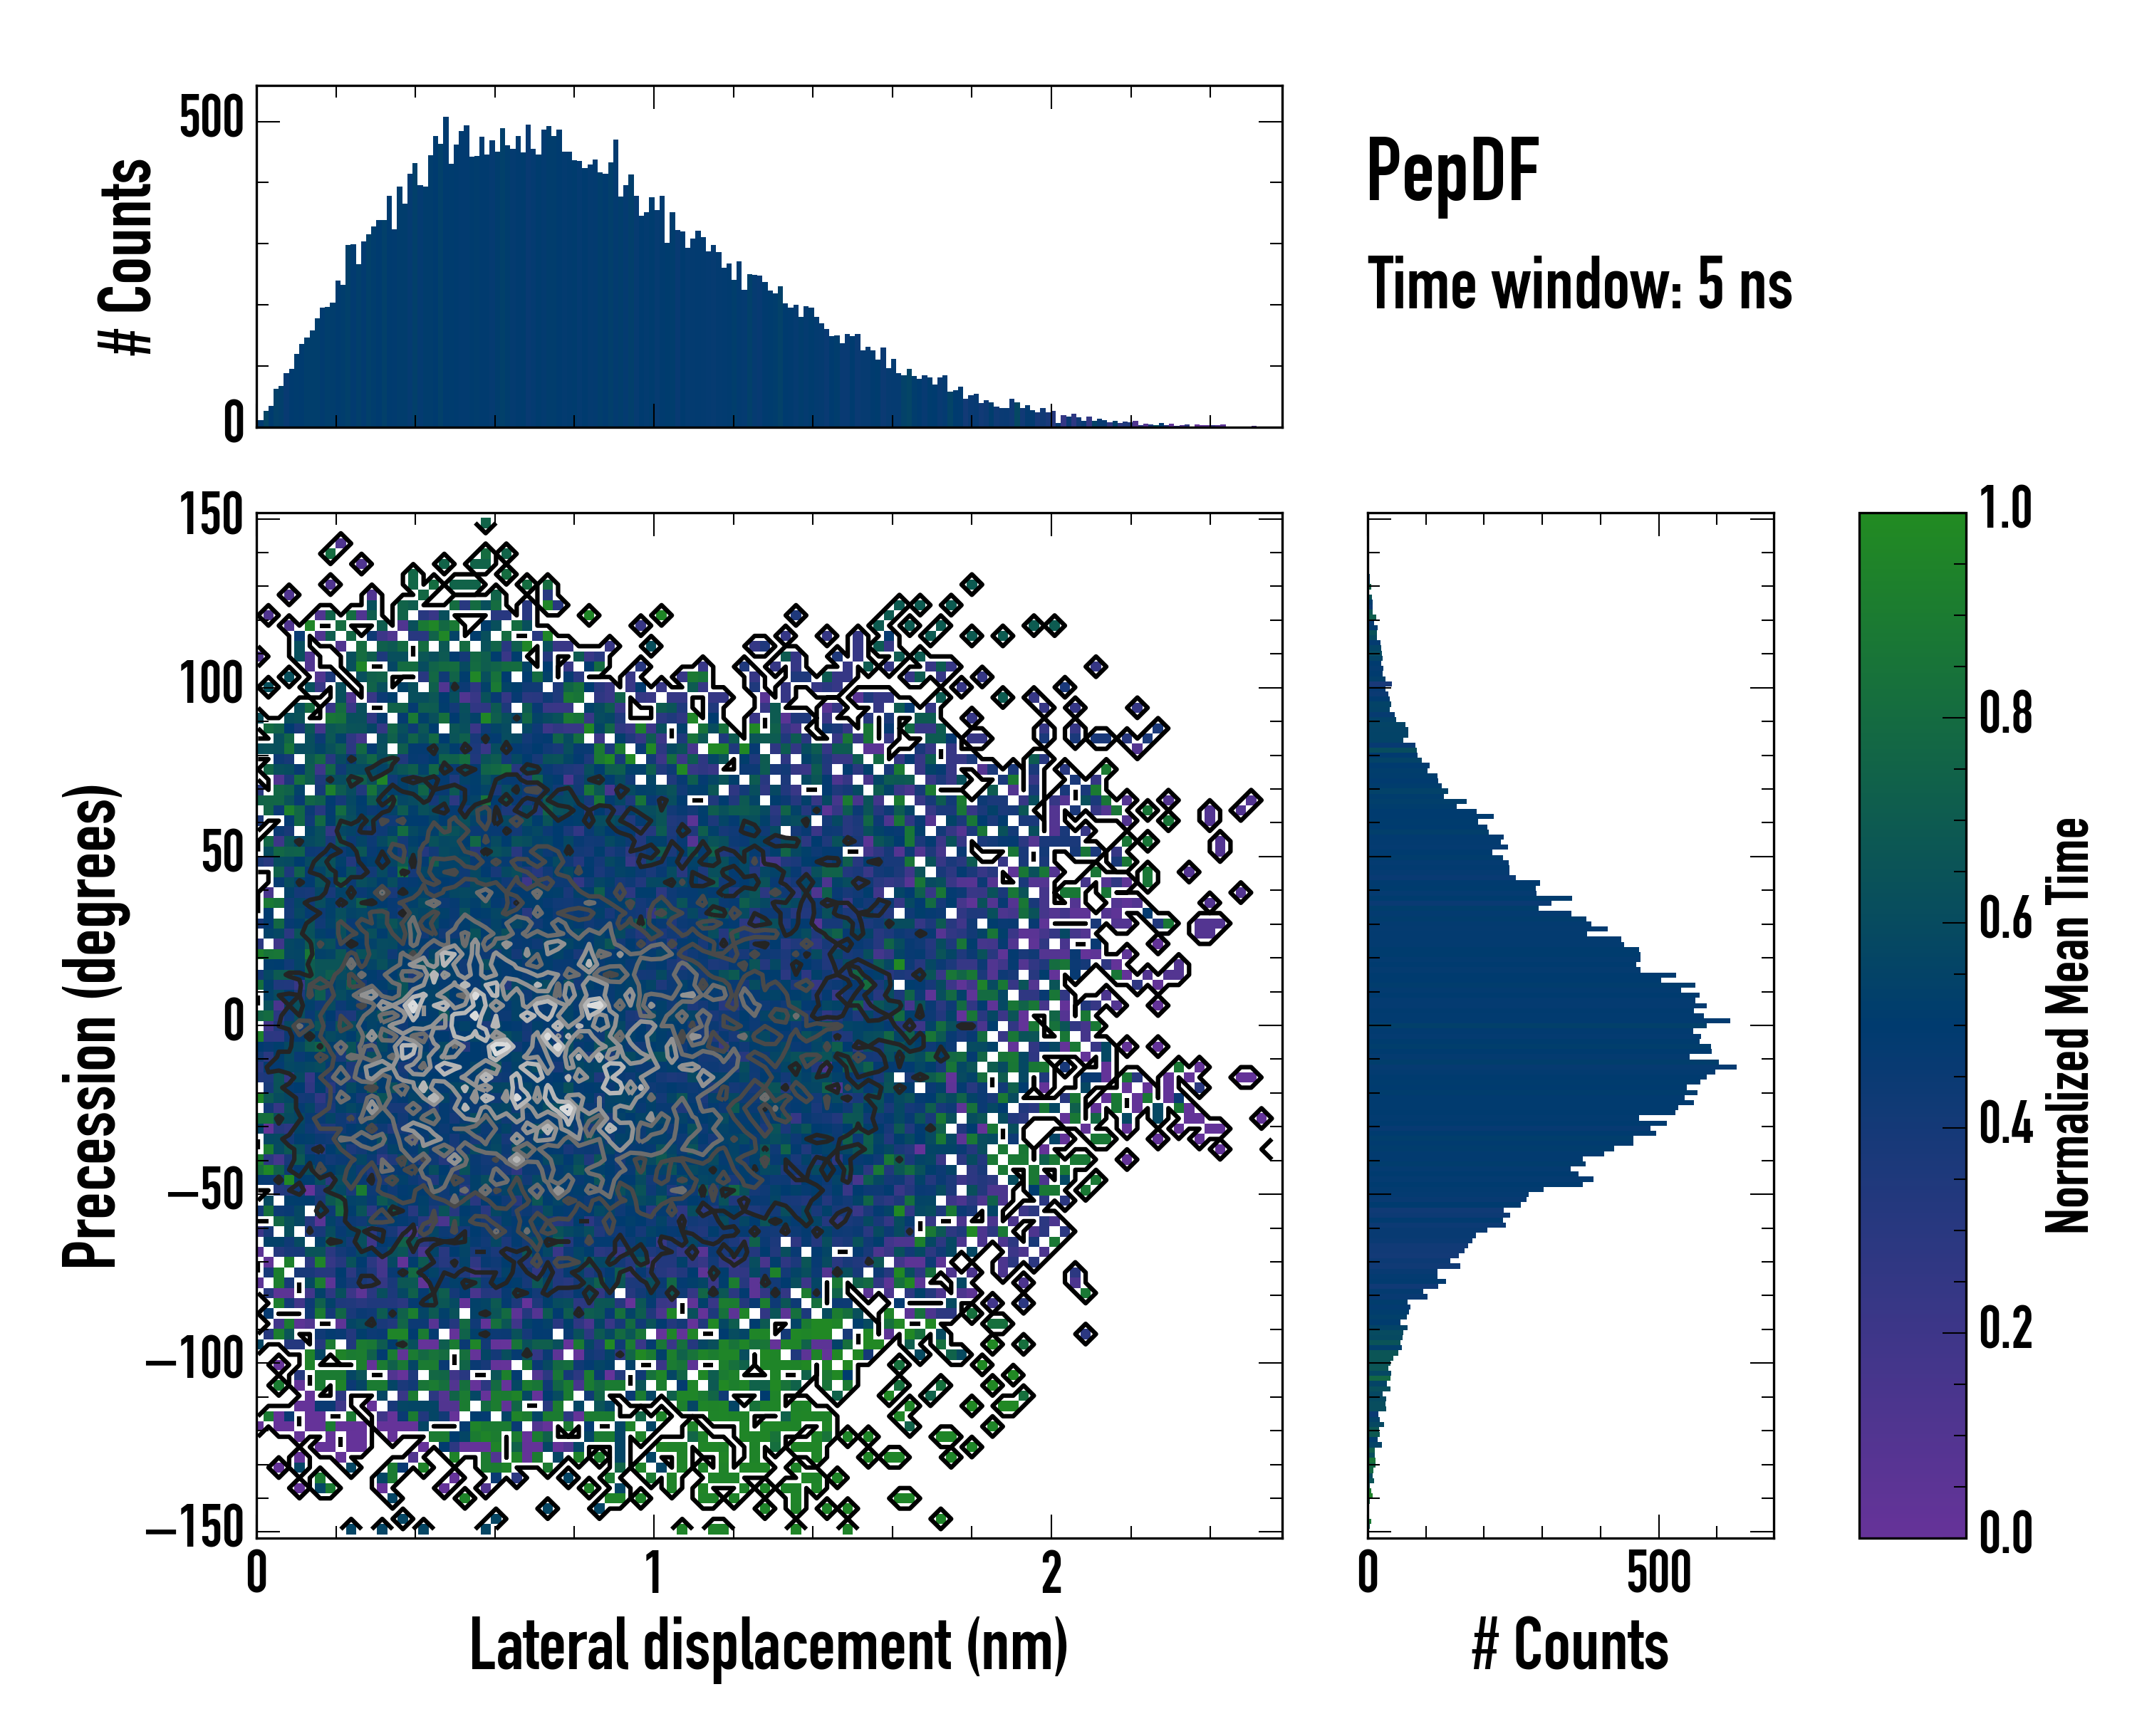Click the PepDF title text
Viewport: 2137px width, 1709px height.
coord(1451,172)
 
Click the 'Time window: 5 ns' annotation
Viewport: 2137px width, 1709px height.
coord(1579,284)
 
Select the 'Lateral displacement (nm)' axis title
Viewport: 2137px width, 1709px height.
coord(768,1646)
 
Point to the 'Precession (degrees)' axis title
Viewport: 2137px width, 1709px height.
coord(91,1025)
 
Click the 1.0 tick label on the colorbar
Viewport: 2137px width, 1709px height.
coord(2005,508)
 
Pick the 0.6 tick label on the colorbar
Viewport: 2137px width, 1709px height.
coord(2005,919)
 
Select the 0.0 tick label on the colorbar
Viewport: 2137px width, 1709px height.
coord(2005,1532)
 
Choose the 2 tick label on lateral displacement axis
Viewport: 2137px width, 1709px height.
coord(1051,1573)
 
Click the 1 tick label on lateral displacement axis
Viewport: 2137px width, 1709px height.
coord(653,1573)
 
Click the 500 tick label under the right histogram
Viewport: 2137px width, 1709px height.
coord(1658,1573)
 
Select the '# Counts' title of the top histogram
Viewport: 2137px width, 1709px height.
coord(126,256)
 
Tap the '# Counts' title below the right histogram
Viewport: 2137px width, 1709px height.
coord(1570,1646)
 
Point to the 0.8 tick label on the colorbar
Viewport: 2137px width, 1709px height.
coord(2005,714)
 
